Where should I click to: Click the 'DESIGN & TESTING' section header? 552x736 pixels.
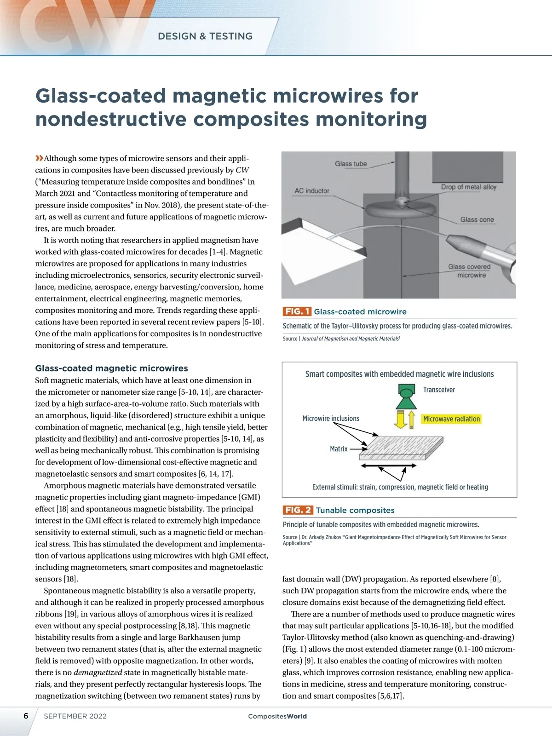205,36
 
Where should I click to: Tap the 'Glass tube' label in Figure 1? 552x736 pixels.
351,164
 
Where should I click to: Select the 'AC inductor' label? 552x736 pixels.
312,191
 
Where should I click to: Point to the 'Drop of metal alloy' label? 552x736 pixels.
469,187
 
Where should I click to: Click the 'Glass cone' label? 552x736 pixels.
477,220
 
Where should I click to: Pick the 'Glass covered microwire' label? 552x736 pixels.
470,271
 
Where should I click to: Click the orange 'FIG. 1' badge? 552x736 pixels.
297,312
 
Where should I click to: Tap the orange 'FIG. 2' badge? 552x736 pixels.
298,510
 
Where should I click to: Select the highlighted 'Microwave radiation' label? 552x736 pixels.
451,419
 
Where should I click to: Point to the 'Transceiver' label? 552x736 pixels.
439,390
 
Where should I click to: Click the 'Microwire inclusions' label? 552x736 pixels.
331,419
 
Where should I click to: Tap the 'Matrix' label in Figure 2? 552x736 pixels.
339,449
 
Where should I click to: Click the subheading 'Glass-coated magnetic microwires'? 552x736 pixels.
112,368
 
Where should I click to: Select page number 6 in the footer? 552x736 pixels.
26,716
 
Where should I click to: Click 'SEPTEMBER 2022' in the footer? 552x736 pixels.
75,716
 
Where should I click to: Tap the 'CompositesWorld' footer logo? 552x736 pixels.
277,716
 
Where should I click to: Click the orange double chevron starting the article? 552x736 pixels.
39,159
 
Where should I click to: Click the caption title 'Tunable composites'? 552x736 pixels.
355,510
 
